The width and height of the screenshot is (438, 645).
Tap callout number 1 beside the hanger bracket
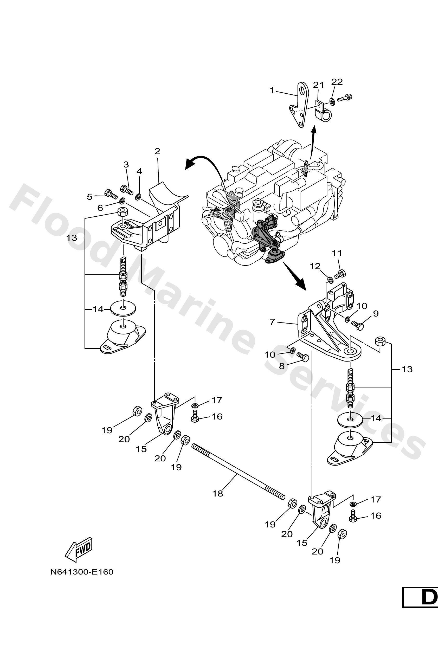point(272,90)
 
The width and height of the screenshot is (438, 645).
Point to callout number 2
point(157,151)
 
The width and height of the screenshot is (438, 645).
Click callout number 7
point(272,322)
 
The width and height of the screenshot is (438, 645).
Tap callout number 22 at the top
point(337,82)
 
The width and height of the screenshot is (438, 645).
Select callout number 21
point(318,85)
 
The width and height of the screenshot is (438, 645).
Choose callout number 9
point(376,314)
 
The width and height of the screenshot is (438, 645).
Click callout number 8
point(282,366)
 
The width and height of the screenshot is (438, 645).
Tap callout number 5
point(89,197)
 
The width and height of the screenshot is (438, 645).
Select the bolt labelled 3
point(127,190)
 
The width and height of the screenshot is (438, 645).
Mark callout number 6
point(100,208)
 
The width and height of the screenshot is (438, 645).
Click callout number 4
point(139,171)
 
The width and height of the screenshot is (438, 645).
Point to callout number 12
point(315,266)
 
